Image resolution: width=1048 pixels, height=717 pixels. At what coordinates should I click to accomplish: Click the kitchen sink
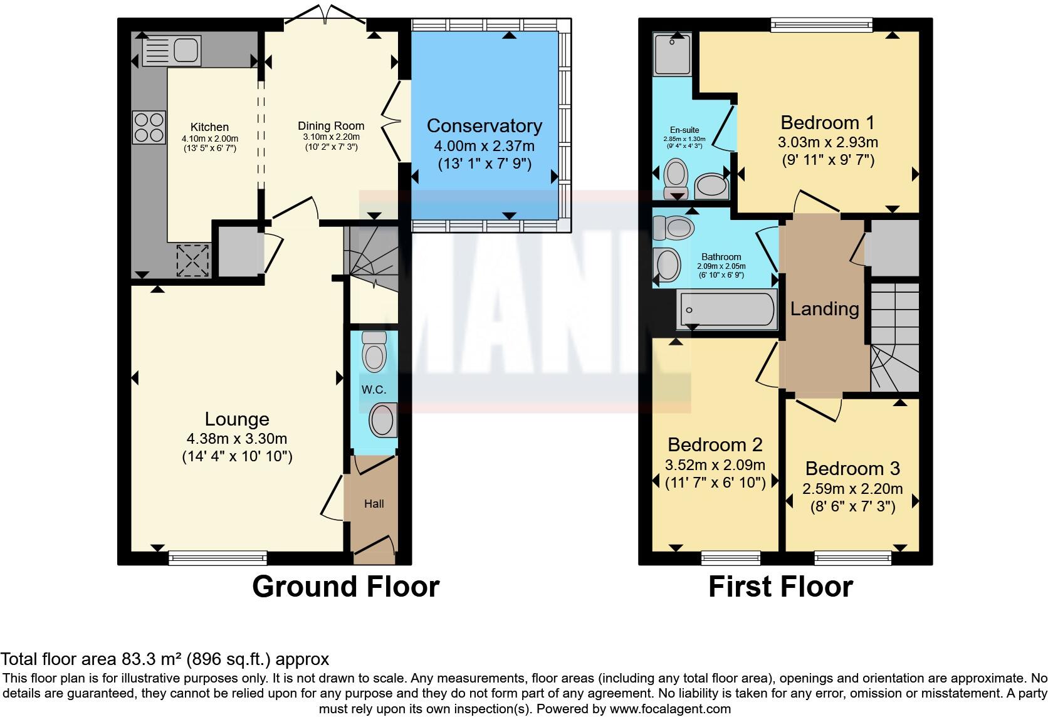click(170, 51)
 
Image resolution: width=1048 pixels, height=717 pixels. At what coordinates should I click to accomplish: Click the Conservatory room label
click(484, 126)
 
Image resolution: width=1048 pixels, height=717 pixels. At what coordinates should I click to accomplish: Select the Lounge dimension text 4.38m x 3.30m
click(237, 439)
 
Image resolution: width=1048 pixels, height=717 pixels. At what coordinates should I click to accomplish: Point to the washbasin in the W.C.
click(382, 420)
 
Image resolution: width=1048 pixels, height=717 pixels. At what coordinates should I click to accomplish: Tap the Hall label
click(374, 503)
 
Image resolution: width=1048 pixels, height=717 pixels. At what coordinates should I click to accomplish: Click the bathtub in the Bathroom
click(727, 309)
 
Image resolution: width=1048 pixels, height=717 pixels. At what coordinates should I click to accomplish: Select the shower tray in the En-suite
click(672, 53)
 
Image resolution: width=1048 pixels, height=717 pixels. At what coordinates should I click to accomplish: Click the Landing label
click(824, 308)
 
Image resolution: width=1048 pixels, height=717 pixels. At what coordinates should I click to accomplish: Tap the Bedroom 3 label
click(852, 468)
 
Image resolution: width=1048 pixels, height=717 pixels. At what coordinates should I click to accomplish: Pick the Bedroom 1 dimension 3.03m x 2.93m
click(827, 142)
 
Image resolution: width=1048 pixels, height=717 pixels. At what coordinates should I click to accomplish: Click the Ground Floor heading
click(345, 587)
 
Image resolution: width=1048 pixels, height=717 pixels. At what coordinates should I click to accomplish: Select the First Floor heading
click(780, 587)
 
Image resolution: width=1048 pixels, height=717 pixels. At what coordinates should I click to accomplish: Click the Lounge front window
click(217, 557)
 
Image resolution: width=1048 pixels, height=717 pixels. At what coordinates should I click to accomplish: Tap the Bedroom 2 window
click(731, 557)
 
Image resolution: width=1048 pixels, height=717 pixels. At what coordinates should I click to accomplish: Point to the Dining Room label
click(331, 126)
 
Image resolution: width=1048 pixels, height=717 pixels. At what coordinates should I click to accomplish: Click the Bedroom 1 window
click(822, 25)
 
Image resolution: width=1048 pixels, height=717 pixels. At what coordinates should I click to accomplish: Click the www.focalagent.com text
click(669, 709)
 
